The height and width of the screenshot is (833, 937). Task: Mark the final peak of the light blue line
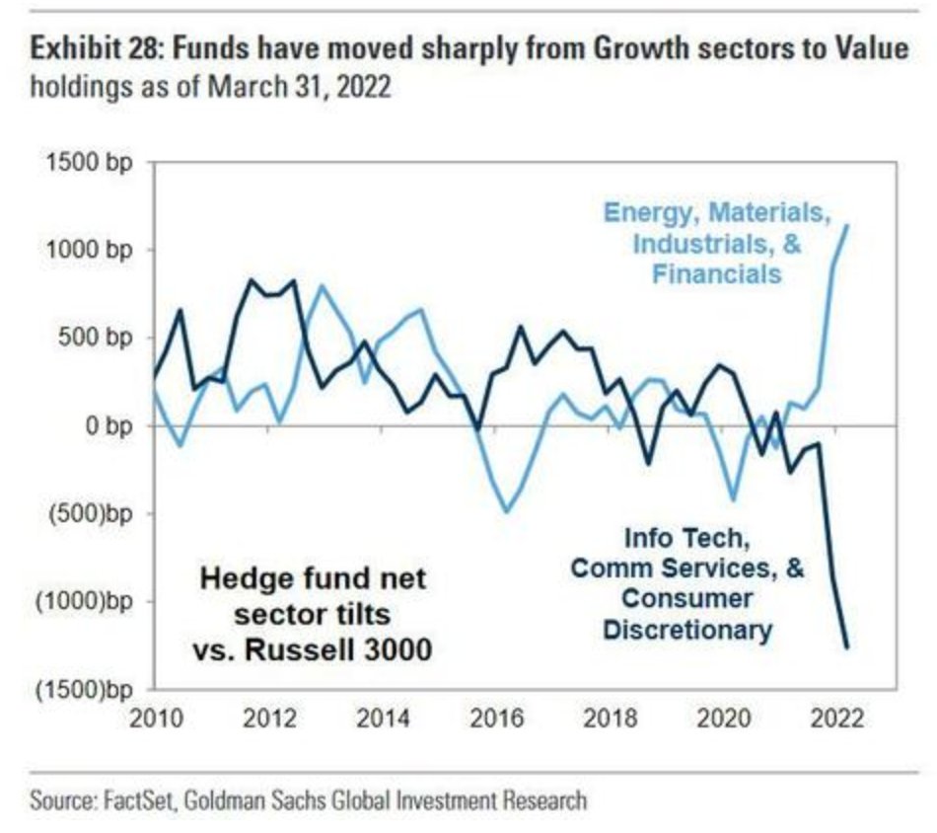[x=848, y=225]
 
